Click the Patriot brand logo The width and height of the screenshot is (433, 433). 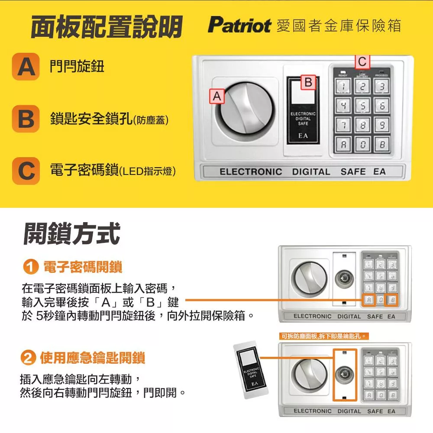239,26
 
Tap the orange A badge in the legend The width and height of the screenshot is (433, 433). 26,67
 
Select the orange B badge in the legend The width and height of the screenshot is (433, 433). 26,118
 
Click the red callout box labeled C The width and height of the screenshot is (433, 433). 362,62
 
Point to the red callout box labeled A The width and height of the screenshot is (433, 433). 216,96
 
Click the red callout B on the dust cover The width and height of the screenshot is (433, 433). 308,82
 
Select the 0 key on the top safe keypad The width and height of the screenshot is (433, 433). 363,144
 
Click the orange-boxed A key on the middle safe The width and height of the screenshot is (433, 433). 368,300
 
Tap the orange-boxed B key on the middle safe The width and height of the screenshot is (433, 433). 391,300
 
